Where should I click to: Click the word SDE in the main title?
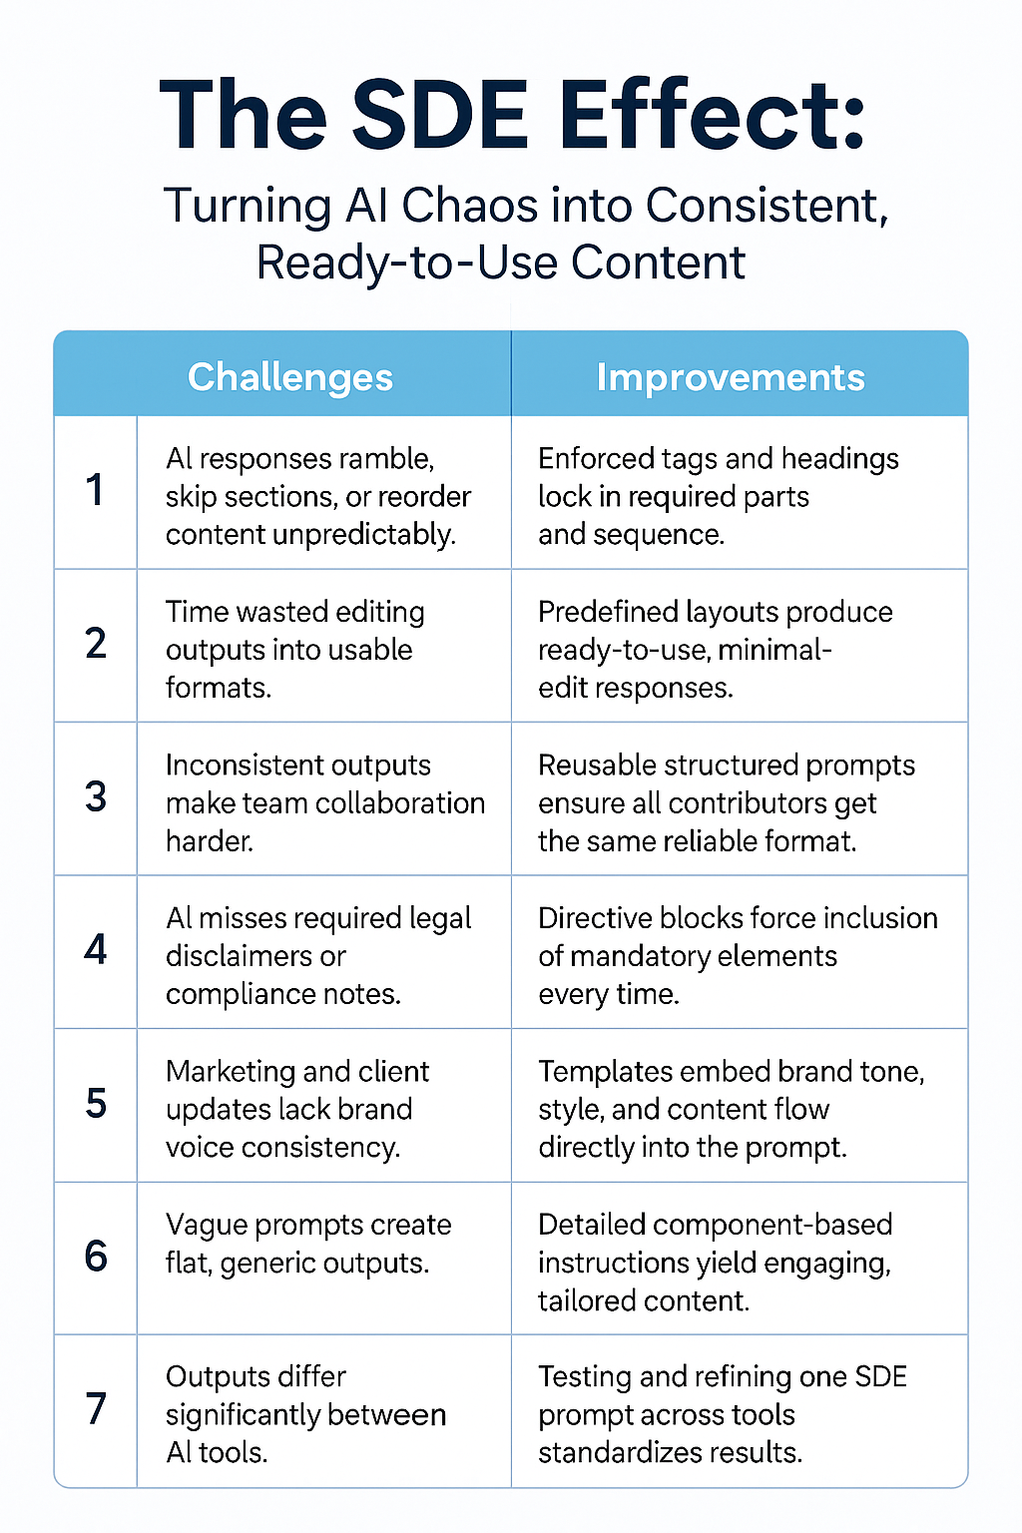coord(440,115)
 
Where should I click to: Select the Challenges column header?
coord(290,378)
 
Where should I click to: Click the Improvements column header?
coord(731,377)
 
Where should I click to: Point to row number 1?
coord(95,490)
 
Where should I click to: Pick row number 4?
coord(96,950)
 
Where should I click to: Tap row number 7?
coord(96,1409)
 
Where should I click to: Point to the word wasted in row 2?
coord(279,612)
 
